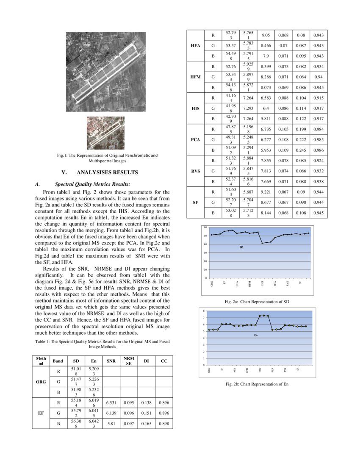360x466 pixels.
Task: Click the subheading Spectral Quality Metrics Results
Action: pyautogui.click(x=92, y=184)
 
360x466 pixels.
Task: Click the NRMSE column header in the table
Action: pyautogui.click(x=128, y=361)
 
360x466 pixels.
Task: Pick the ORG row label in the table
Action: pyautogui.click(x=41, y=382)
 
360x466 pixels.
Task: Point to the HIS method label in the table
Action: pyautogui.click(x=195, y=108)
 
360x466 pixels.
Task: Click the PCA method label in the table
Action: pyautogui.click(x=195, y=140)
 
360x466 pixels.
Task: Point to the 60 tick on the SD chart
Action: pyautogui.click(x=205, y=227)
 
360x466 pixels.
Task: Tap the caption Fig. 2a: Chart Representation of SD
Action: pyautogui.click(x=257, y=301)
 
